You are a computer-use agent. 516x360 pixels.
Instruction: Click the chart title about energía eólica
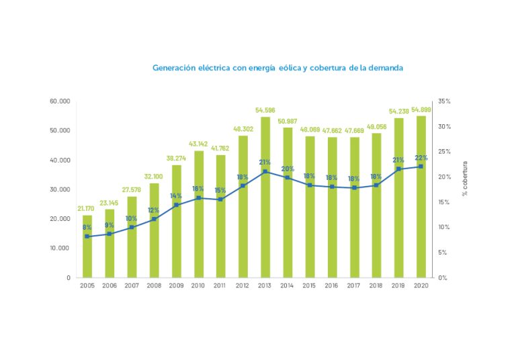(277, 68)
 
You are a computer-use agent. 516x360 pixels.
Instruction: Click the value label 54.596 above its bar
(265, 110)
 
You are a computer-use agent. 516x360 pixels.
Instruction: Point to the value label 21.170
(87, 208)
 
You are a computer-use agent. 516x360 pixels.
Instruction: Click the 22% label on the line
(421, 157)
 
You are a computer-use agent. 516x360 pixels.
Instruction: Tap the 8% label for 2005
(87, 228)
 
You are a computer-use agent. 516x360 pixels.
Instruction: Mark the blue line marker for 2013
(265, 171)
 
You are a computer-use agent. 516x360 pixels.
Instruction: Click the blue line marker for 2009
(177, 205)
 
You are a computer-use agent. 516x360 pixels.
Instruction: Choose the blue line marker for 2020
(421, 167)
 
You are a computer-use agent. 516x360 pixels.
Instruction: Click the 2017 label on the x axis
(354, 285)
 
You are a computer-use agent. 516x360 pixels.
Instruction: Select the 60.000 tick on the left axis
(60, 101)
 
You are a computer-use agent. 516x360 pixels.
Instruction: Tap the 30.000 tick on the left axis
(60, 189)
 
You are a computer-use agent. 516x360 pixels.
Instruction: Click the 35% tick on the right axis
(444, 101)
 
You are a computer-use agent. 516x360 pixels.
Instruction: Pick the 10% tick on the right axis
(444, 227)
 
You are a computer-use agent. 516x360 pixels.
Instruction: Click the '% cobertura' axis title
(464, 179)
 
